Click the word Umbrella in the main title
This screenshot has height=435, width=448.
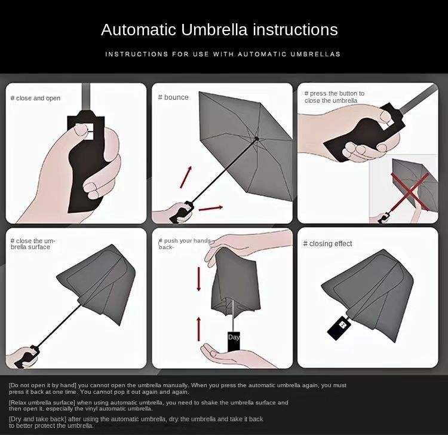(x=214, y=29)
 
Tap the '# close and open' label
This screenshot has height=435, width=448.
(x=35, y=99)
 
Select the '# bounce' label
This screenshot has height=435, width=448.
(x=173, y=97)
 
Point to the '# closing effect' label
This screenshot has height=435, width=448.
(x=327, y=244)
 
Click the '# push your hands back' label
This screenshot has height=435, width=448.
(x=185, y=244)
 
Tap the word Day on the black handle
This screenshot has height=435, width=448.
(x=234, y=337)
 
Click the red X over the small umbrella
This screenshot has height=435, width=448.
(x=410, y=191)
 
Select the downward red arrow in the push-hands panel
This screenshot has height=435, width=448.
(x=199, y=279)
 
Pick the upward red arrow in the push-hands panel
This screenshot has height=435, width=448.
(x=199, y=329)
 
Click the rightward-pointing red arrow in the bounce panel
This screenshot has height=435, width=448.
(x=211, y=209)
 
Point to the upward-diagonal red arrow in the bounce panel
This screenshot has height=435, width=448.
(x=186, y=177)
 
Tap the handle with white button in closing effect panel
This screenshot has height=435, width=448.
(x=339, y=328)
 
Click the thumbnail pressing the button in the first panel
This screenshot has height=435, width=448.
(x=81, y=130)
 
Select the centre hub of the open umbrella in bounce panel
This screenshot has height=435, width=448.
(x=257, y=139)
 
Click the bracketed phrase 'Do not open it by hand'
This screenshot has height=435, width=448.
(x=42, y=385)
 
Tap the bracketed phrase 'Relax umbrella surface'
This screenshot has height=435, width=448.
(x=42, y=402)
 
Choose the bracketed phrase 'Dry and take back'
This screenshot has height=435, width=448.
(x=38, y=419)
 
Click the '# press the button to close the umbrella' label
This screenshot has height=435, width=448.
(x=335, y=97)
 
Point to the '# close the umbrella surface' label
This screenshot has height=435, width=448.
(x=33, y=244)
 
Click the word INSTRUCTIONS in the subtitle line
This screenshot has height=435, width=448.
(x=137, y=54)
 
